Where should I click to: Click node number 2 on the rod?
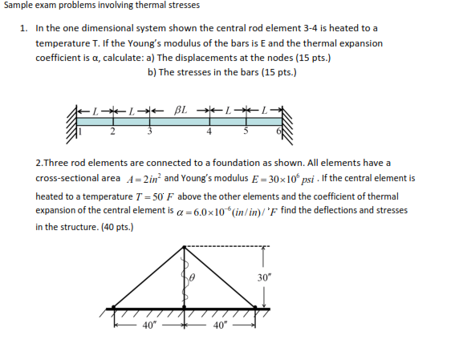pyautogui.click(x=113, y=131)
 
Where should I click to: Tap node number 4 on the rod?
pyautogui.click(x=209, y=131)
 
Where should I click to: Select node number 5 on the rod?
pyautogui.click(x=246, y=131)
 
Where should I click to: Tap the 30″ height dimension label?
pyautogui.click(x=266, y=277)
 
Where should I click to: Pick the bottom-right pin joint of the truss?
pyautogui.click(x=257, y=306)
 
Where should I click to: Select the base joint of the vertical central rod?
pyautogui.click(x=186, y=306)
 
